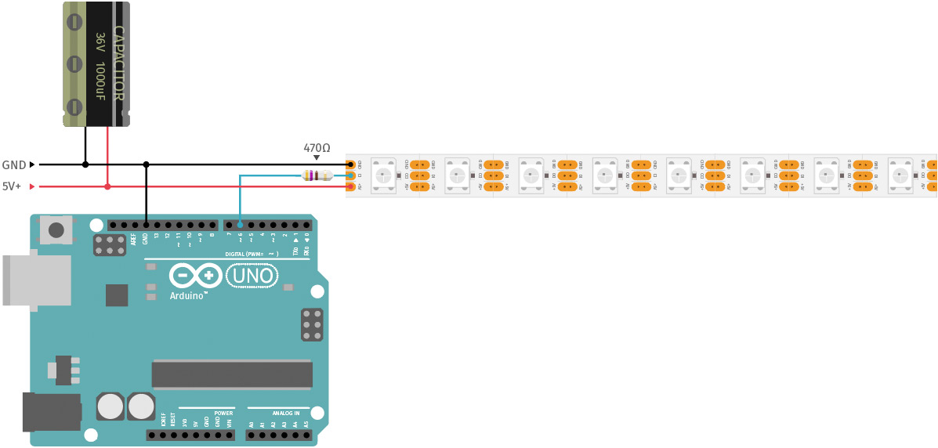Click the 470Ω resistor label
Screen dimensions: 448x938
tap(317, 148)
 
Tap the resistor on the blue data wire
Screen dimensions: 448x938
tap(317, 175)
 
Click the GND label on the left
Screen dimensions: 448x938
tap(14, 165)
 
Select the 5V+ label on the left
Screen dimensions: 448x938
tap(12, 186)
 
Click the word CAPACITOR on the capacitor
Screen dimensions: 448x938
tap(118, 63)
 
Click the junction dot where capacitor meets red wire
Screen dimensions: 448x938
tap(107, 186)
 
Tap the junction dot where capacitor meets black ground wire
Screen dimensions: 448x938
tap(85, 164)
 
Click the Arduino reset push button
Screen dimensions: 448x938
tap(56, 229)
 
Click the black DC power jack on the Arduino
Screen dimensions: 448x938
tap(51, 412)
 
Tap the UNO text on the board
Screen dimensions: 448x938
tap(252, 276)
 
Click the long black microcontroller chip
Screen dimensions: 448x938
tap(232, 374)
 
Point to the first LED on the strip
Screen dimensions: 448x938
tap(383, 175)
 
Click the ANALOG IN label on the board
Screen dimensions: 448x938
tap(285, 413)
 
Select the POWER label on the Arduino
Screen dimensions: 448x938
tap(223, 412)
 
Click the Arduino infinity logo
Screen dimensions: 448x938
tap(196, 276)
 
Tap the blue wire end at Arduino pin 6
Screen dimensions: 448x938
tap(240, 225)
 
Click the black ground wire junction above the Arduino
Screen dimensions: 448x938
tap(146, 164)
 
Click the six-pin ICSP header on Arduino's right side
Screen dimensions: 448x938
tap(312, 324)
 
